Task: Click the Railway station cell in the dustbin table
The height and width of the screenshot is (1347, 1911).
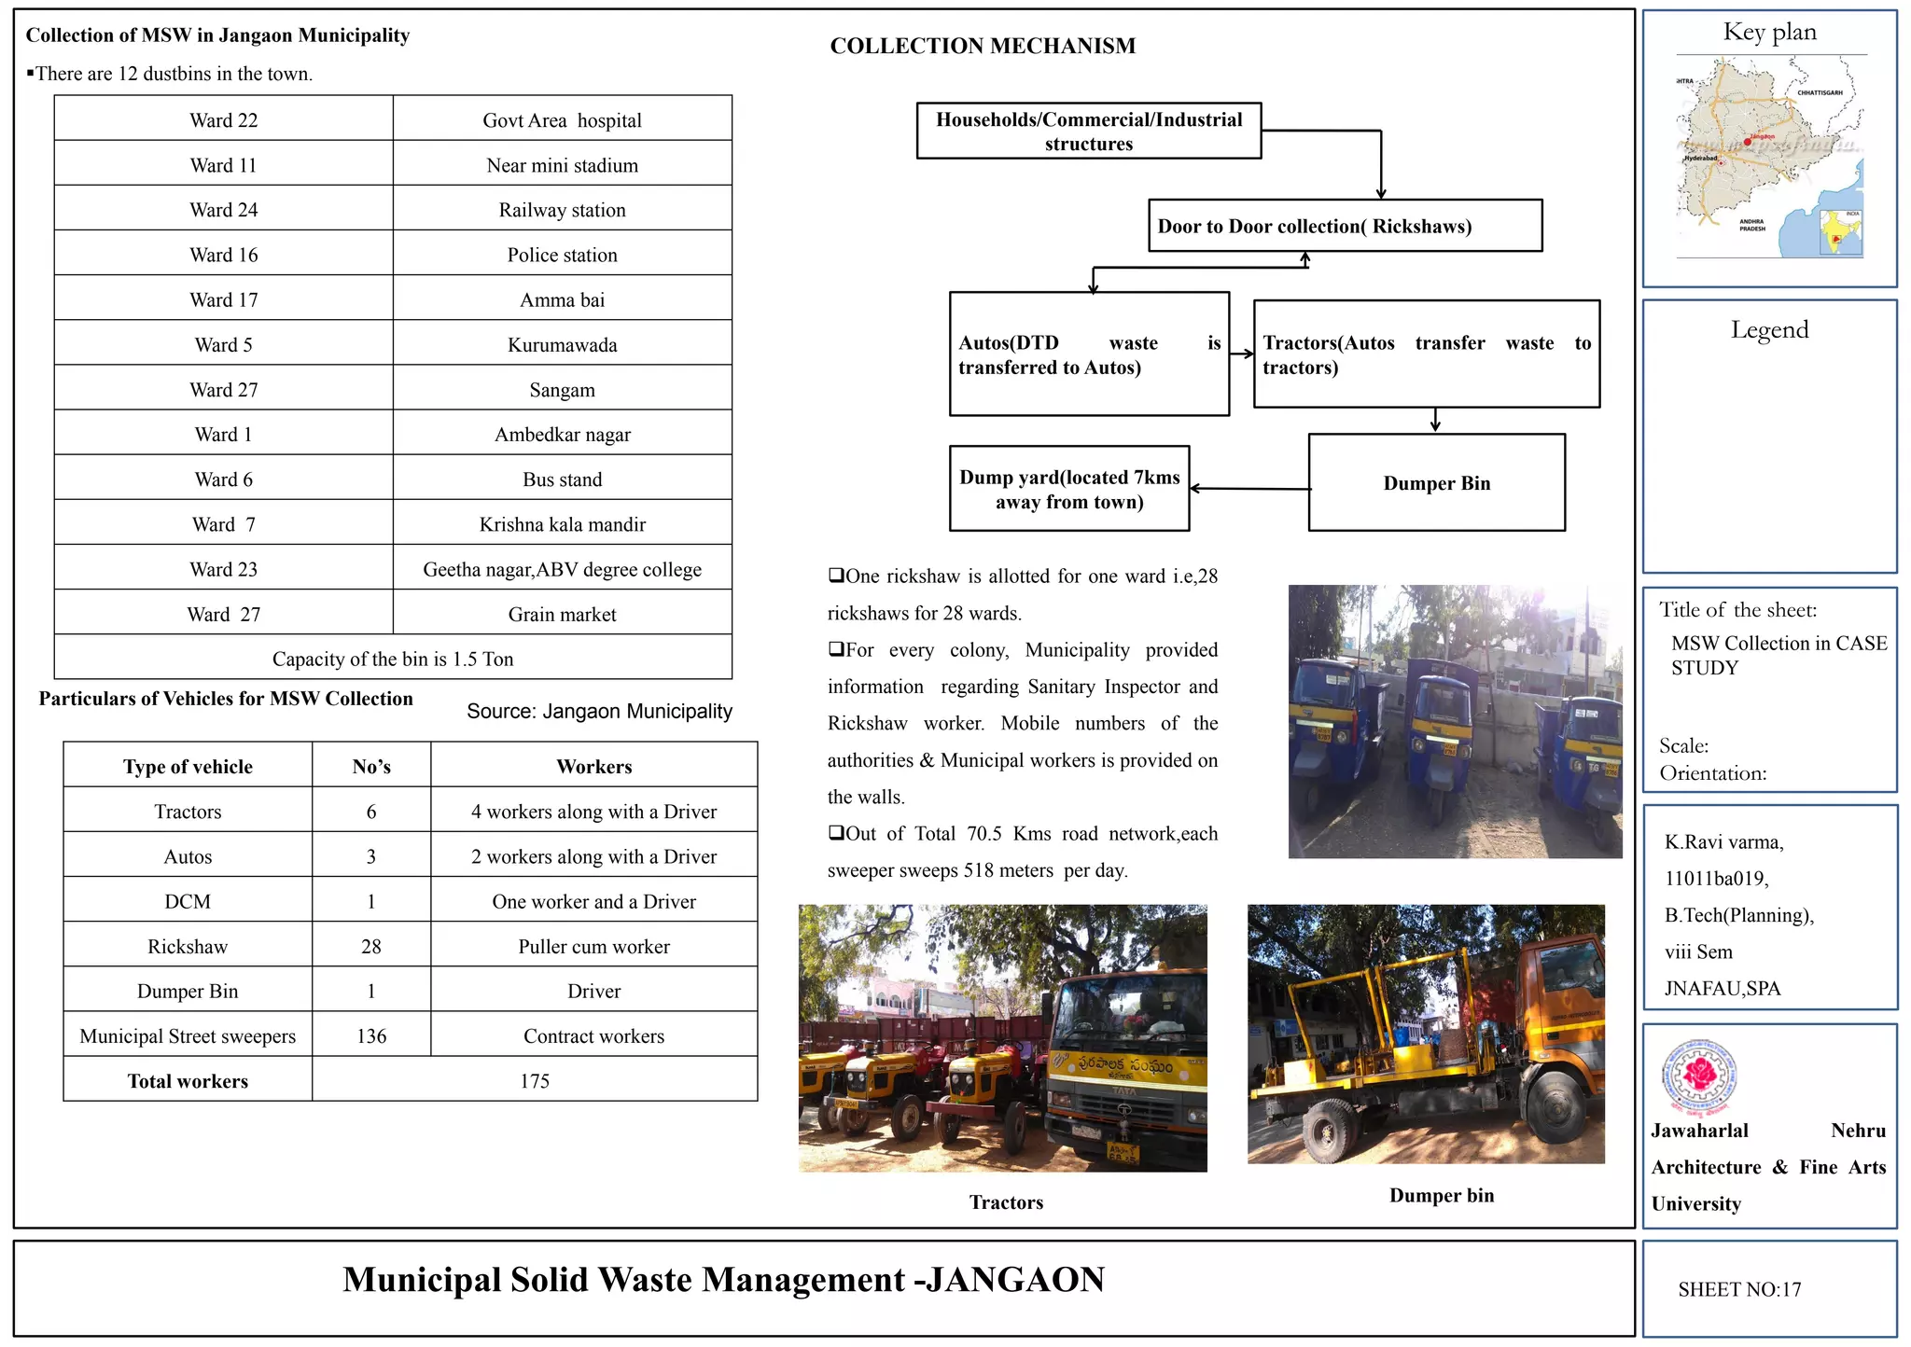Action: pyautogui.click(x=562, y=210)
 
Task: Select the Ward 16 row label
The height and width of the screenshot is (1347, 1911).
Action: pyautogui.click(x=224, y=255)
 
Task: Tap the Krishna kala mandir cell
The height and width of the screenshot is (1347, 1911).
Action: pyautogui.click(x=562, y=524)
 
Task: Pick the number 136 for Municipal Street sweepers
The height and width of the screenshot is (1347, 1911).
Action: pyautogui.click(x=371, y=1036)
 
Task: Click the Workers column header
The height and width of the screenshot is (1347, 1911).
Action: pyautogui.click(x=593, y=767)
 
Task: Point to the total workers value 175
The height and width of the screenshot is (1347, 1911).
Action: pyautogui.click(x=535, y=1081)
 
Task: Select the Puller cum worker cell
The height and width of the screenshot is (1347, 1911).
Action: pyautogui.click(x=593, y=947)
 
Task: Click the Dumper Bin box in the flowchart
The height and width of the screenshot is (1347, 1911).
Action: pyautogui.click(x=1436, y=483)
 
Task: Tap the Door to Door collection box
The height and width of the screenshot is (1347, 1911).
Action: pyautogui.click(x=1345, y=226)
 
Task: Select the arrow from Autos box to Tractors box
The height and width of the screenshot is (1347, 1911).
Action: pyautogui.click(x=1242, y=354)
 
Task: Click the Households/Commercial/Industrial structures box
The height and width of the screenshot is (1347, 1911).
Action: pyautogui.click(x=1089, y=132)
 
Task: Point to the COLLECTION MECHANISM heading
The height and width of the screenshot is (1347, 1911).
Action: pyautogui.click(x=983, y=46)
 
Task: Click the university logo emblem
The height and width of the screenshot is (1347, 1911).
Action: pyautogui.click(x=1698, y=1077)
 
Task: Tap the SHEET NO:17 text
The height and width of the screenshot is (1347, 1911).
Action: pyautogui.click(x=1739, y=1289)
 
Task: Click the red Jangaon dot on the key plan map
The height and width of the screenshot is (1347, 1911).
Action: pyautogui.click(x=1748, y=142)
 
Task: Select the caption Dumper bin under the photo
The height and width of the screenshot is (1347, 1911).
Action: pyautogui.click(x=1441, y=1196)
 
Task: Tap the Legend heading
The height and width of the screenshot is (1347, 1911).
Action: pyautogui.click(x=1769, y=329)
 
